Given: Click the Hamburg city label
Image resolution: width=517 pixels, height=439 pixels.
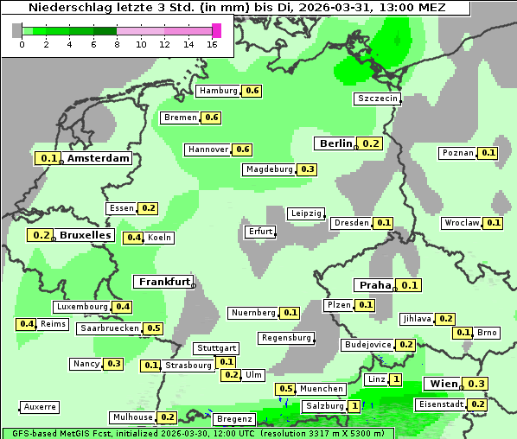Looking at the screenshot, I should (x=217, y=91).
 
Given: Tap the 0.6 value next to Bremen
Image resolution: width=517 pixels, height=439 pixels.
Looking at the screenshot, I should (x=212, y=118).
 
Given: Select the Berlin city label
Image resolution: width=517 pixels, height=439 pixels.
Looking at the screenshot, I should (x=336, y=143).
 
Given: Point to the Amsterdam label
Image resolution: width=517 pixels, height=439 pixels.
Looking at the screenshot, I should (x=99, y=158).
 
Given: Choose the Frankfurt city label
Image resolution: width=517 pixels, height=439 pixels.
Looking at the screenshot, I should (x=163, y=282).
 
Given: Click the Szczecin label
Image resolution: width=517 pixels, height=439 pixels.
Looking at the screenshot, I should (x=378, y=99).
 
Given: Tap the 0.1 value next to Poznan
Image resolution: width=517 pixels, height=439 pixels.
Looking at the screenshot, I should (x=488, y=153).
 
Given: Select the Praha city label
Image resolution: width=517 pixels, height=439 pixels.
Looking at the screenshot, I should (x=375, y=285).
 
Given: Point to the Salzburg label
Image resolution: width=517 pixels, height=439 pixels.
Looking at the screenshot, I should (x=324, y=406).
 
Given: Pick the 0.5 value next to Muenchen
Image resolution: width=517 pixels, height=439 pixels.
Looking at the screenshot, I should (x=285, y=389).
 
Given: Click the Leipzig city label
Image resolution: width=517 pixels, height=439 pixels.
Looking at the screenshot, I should (x=306, y=213).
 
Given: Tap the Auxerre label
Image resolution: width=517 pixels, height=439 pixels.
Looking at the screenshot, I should (x=41, y=406).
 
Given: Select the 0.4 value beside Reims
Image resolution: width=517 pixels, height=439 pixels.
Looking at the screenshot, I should (x=27, y=324).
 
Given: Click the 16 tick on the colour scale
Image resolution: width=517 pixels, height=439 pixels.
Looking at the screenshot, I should (x=213, y=44).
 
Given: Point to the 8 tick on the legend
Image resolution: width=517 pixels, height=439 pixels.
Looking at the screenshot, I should (x=117, y=44).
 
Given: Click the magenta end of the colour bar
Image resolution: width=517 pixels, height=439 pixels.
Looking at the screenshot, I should (x=216, y=30).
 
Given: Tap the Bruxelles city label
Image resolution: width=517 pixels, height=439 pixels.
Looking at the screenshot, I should (x=85, y=235).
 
